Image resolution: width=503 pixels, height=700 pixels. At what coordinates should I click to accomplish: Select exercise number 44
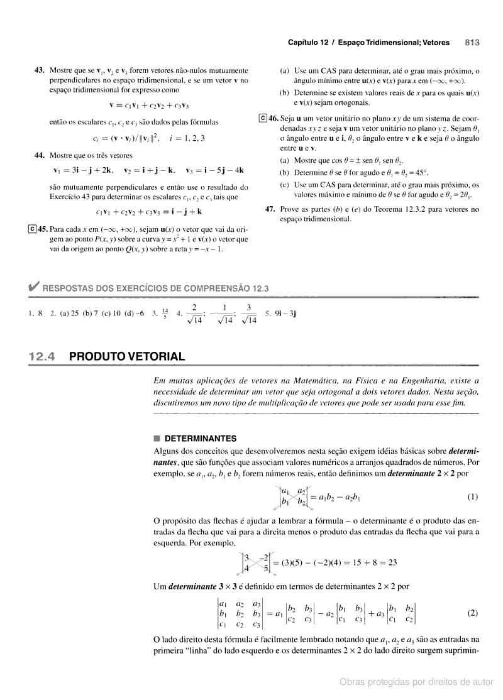(39, 155)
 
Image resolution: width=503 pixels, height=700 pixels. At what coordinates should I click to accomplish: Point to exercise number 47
(272, 210)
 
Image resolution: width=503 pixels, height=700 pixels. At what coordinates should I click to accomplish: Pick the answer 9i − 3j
(290, 313)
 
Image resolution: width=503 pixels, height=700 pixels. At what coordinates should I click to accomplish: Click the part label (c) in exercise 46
(284, 185)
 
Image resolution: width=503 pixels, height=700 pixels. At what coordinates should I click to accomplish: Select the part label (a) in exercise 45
(284, 70)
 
